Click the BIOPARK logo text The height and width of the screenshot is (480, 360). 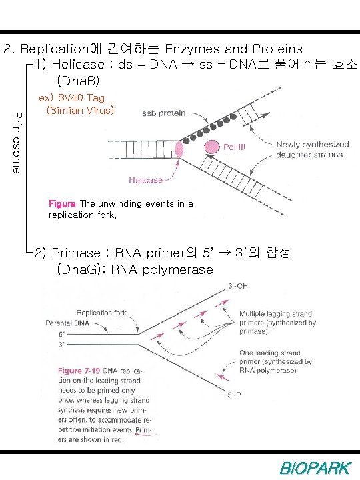313,468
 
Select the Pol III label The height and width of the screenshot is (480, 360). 234,147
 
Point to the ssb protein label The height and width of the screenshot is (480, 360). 163,113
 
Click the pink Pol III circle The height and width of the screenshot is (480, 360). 213,145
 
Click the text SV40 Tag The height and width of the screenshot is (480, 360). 77,98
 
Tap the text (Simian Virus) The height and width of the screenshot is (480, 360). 81,110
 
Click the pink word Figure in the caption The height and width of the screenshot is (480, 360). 63,203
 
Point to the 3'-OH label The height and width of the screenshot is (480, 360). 236,287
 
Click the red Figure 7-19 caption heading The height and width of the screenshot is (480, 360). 81,371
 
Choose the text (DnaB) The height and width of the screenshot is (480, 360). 78,81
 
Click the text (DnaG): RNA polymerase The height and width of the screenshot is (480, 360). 135,270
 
